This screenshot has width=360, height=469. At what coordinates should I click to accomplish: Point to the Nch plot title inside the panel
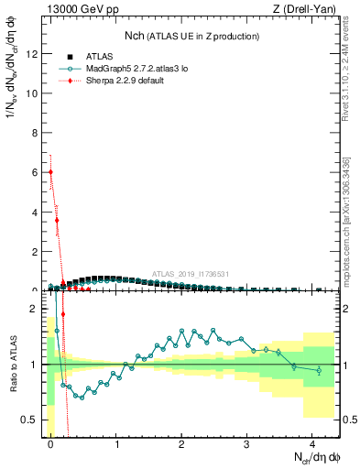coord(191,36)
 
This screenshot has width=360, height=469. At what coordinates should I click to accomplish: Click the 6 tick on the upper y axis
coord(37,172)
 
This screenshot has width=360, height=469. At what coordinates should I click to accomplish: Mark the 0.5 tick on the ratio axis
coord(32,420)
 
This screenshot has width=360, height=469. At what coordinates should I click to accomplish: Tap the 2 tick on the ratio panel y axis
coord(37,309)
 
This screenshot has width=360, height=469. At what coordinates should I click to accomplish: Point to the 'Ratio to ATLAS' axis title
coord(12,364)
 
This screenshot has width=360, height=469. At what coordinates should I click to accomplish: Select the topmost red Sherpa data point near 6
coord(50,171)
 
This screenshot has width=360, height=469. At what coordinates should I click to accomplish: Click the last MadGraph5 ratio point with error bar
coord(319,370)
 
